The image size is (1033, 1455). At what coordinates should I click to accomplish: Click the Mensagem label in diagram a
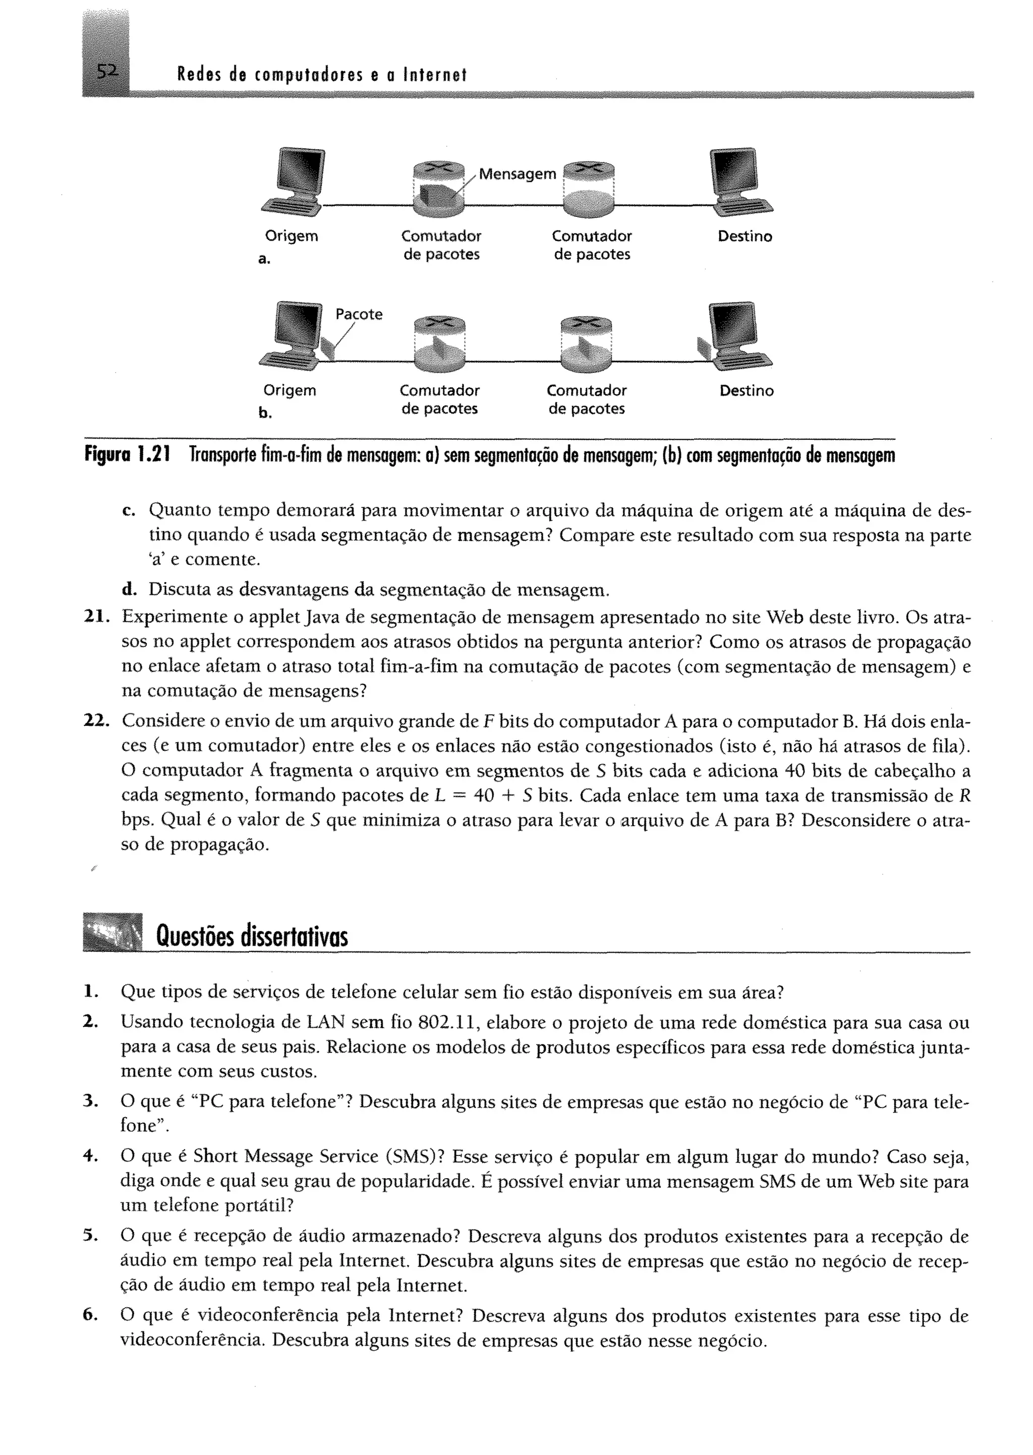pos(517,174)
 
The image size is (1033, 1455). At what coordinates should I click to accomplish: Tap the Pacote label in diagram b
pos(359,314)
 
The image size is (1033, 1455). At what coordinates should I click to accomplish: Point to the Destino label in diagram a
pos(745,237)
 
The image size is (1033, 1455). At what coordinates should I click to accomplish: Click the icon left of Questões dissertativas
pos(112,933)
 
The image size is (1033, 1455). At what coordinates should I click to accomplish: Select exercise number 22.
pos(97,721)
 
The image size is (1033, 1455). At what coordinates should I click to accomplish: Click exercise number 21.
pos(97,617)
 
